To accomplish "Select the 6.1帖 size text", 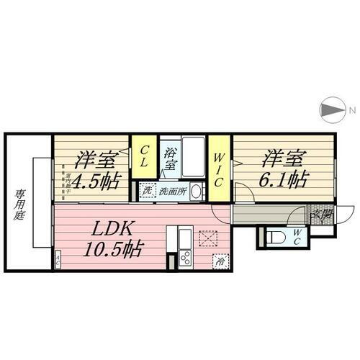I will (276, 179).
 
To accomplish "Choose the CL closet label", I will (145, 156).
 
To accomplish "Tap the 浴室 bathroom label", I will (171, 158).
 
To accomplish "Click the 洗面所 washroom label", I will (174, 192).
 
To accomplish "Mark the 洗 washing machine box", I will (147, 192).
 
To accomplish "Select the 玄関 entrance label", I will (320, 213).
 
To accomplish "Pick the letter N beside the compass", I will (351, 110).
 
